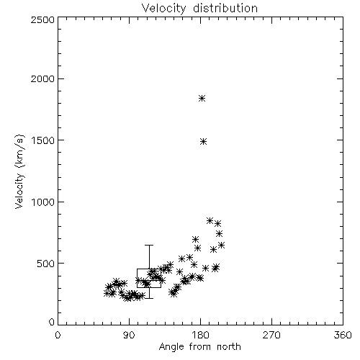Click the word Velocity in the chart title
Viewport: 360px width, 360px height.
pyautogui.click(x=164, y=9)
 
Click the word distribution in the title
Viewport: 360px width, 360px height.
pyautogui.click(x=225, y=8)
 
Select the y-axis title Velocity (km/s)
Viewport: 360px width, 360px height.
pyautogui.click(x=19, y=171)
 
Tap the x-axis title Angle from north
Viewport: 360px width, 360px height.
pyautogui.click(x=199, y=346)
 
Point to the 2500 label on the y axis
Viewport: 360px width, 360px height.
pyautogui.click(x=42, y=19)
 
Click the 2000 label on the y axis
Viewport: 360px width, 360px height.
pyautogui.click(x=42, y=78)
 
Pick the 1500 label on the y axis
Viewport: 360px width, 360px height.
pyautogui.click(x=43, y=140)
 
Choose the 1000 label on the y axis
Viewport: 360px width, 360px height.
pyautogui.click(x=43, y=202)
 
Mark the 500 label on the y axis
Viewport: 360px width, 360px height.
pyautogui.click(x=46, y=264)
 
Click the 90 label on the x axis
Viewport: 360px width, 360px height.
pyautogui.click(x=129, y=335)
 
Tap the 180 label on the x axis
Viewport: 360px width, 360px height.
pyautogui.click(x=200, y=335)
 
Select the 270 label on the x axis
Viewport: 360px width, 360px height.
pyautogui.click(x=271, y=335)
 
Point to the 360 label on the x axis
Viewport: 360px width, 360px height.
pyautogui.click(x=343, y=335)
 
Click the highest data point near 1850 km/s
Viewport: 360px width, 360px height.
pyautogui.click(x=202, y=98)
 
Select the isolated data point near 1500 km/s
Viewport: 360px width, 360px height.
pyautogui.click(x=203, y=142)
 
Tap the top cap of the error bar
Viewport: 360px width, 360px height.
pyautogui.click(x=149, y=245)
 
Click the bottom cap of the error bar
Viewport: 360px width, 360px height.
pyautogui.click(x=149, y=298)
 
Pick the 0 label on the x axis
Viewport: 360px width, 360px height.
pyautogui.click(x=58, y=335)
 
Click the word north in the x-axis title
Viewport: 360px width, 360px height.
pyautogui.click(x=229, y=346)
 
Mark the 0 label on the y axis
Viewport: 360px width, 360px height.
pyautogui.click(x=52, y=322)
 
